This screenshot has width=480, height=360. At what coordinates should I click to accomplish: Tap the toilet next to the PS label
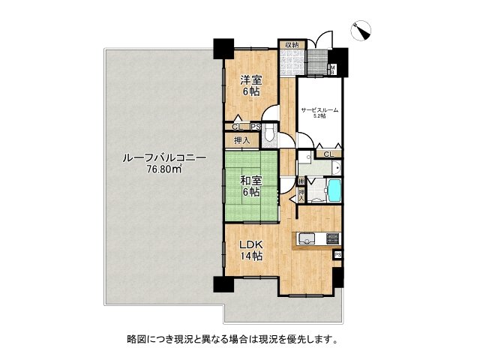(271, 137)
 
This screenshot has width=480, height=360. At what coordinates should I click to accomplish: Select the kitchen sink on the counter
(306, 239)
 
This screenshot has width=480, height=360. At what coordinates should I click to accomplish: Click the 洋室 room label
(250, 79)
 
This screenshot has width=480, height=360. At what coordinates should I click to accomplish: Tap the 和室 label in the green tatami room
(250, 181)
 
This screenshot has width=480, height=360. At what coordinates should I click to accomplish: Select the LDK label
(250, 244)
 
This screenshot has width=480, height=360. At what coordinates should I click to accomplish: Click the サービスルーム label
(319, 110)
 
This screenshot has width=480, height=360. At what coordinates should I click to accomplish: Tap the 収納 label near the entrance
(292, 45)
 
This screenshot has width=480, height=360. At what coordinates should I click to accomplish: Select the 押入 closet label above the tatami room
(241, 140)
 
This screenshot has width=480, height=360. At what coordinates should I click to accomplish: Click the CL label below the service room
(328, 154)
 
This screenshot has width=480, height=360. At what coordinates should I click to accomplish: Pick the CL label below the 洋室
(237, 127)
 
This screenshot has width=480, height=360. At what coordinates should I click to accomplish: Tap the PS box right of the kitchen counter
(337, 256)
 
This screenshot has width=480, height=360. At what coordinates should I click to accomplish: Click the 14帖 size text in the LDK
(250, 256)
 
